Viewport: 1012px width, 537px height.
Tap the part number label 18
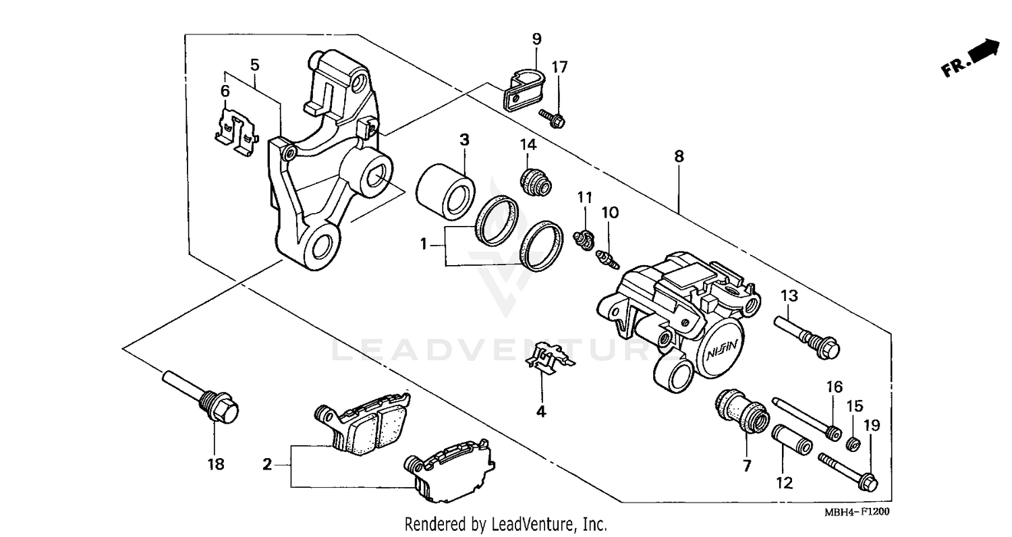216,464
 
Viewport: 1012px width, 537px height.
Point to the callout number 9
536,38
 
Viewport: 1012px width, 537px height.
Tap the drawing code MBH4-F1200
857,512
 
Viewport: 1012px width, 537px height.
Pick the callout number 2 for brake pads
268,464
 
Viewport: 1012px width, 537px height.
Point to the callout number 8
679,157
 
